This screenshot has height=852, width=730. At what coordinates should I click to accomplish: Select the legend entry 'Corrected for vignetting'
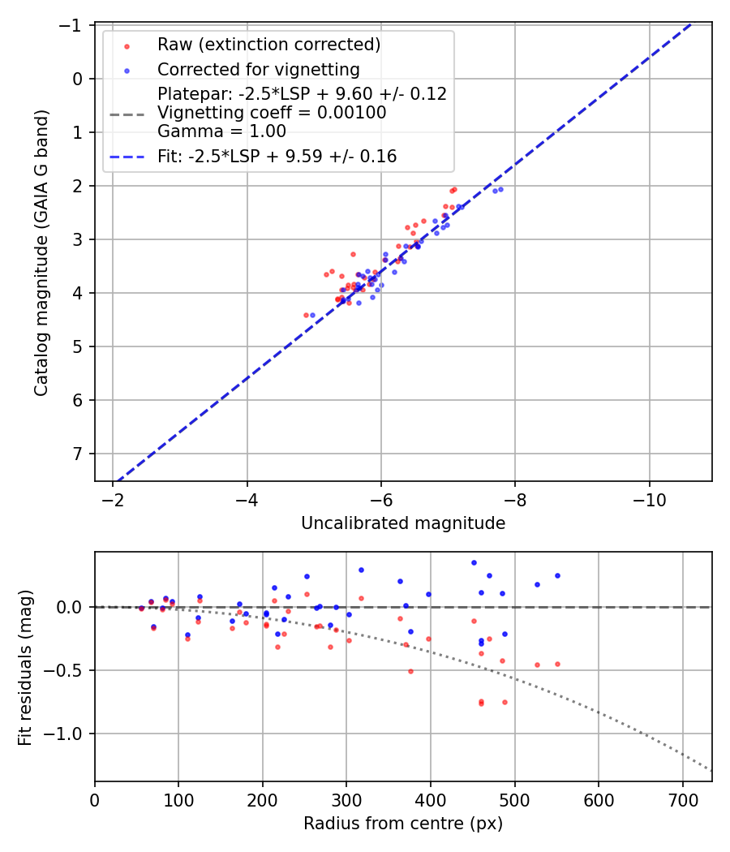(258, 69)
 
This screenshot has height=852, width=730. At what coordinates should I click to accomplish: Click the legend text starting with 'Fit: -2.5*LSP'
(277, 157)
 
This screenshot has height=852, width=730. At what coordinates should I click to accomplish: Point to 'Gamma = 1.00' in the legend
(221, 131)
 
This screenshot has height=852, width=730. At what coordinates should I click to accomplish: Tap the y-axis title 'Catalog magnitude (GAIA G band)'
(41, 253)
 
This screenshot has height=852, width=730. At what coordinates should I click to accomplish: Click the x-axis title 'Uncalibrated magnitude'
(403, 523)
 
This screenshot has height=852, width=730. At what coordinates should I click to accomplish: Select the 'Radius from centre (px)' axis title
(403, 824)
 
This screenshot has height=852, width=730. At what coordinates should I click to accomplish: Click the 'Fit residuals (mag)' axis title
(25, 667)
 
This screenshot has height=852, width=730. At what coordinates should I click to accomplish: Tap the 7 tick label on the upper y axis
(79, 454)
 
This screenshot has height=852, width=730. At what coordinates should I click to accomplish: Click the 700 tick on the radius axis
(682, 799)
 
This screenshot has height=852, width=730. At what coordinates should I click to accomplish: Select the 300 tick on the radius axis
(346, 799)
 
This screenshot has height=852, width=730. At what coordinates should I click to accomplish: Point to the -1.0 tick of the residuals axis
(68, 734)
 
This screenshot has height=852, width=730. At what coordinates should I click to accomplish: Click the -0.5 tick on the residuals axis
(68, 670)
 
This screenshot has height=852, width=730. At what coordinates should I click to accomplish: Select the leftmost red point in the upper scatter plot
(306, 315)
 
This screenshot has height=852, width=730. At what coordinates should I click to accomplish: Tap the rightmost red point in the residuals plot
(557, 664)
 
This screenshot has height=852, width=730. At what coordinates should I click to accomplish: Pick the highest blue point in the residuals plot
(474, 562)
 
